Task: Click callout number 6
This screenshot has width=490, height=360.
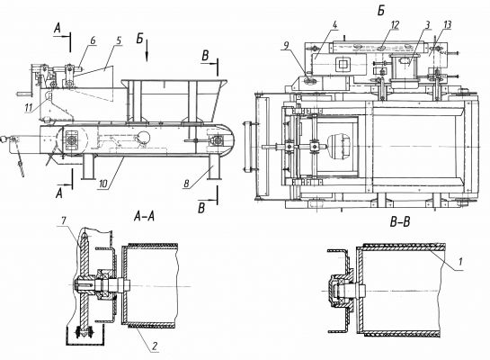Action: (94, 40)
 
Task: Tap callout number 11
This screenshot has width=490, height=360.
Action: (29, 108)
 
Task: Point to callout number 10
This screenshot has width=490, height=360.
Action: (102, 184)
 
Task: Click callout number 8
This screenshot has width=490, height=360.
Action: (187, 184)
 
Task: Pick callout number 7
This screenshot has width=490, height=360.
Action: (63, 220)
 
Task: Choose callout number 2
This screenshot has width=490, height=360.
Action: (155, 346)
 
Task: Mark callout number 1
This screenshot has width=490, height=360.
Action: (460, 261)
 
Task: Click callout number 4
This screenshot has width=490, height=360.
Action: (334, 25)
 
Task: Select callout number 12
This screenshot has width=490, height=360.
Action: (395, 24)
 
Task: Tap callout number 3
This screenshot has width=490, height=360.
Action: (427, 24)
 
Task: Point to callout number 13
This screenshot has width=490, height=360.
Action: (448, 24)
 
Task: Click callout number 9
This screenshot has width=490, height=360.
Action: (287, 46)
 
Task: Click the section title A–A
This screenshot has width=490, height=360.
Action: (144, 216)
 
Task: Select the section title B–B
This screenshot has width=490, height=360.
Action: (400, 221)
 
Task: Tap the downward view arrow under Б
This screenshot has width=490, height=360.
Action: (147, 50)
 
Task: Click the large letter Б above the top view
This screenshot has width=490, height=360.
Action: (381, 11)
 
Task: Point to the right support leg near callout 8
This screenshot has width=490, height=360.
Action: (214, 167)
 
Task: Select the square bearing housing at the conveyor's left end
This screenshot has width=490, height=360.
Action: (72, 139)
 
